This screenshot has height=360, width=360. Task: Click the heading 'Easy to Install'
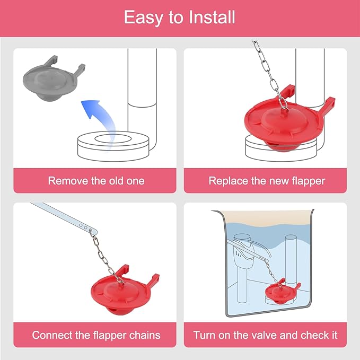coord(180,17)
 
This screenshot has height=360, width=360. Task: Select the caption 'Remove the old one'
coord(96,181)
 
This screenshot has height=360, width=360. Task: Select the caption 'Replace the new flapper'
coord(267,181)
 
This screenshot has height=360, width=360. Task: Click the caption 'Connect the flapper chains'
coord(96,335)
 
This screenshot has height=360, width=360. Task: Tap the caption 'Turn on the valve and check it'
coord(265,335)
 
